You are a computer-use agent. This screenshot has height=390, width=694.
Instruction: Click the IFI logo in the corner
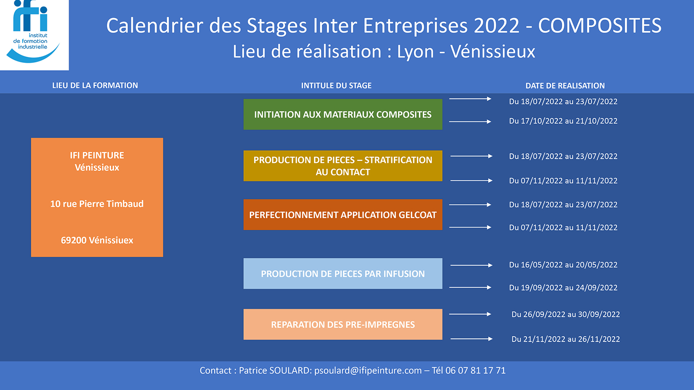(x=34, y=35)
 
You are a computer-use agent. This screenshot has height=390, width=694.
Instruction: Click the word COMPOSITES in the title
(x=599, y=26)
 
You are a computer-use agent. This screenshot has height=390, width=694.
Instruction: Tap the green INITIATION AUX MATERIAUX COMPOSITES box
(x=343, y=114)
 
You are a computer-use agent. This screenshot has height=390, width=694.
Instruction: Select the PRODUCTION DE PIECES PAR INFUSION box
(x=343, y=273)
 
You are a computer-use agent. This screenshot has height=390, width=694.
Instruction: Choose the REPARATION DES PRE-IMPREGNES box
(x=343, y=325)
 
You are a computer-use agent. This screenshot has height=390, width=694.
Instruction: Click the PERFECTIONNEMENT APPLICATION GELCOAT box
(x=343, y=214)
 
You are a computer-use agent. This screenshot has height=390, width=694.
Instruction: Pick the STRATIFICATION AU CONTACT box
(x=343, y=166)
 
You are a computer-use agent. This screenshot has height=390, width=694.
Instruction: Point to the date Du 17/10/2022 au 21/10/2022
(x=563, y=121)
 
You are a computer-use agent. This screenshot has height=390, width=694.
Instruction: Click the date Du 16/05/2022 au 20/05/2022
(x=563, y=265)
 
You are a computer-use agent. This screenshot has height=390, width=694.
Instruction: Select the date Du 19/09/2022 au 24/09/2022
(x=563, y=288)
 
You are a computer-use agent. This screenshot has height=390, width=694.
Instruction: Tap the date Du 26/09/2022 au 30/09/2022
(x=566, y=314)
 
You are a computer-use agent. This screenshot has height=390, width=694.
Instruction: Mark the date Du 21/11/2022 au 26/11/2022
(x=566, y=339)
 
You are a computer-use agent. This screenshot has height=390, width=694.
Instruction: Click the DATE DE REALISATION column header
(x=565, y=86)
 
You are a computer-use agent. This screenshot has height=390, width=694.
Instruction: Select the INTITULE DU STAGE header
(x=337, y=85)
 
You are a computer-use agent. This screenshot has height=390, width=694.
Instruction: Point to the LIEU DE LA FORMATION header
(x=95, y=85)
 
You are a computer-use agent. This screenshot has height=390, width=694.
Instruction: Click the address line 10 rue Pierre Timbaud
(x=97, y=204)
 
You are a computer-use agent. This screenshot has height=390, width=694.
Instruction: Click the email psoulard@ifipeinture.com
(x=368, y=370)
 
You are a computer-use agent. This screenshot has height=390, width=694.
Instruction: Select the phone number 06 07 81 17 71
(x=475, y=370)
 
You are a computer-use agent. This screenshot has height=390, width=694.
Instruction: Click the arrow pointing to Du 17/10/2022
(x=470, y=122)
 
